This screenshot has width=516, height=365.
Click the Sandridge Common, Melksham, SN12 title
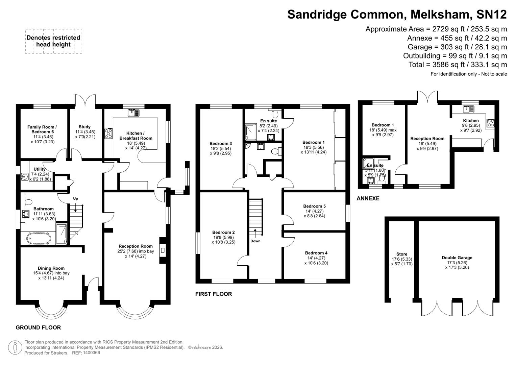pos(397,15)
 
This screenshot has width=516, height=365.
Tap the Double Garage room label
pos(457,258)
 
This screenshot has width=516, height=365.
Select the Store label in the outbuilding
pos(402,254)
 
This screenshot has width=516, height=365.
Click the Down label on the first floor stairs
pos(255,241)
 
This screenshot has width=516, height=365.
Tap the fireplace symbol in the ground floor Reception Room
pos(163,250)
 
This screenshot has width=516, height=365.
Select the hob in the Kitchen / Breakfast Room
pos(108,133)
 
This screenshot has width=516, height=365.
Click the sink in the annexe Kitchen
pos(468,109)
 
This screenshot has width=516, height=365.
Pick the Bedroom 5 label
pos(314,206)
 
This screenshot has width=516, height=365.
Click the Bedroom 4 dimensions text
pos(316,261)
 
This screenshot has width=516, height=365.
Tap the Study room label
pos(84,127)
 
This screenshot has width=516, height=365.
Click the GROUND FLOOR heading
pos(38,327)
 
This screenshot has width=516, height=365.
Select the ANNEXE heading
pos(368,198)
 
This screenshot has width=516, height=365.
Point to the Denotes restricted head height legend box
pos(53,41)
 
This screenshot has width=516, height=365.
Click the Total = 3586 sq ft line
pos(458,65)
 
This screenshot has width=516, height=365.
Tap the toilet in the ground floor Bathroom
pos(28,202)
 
